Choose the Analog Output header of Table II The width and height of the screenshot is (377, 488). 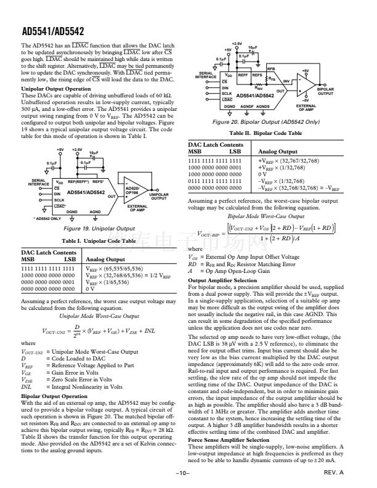pyautogui.click(x=279, y=150)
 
